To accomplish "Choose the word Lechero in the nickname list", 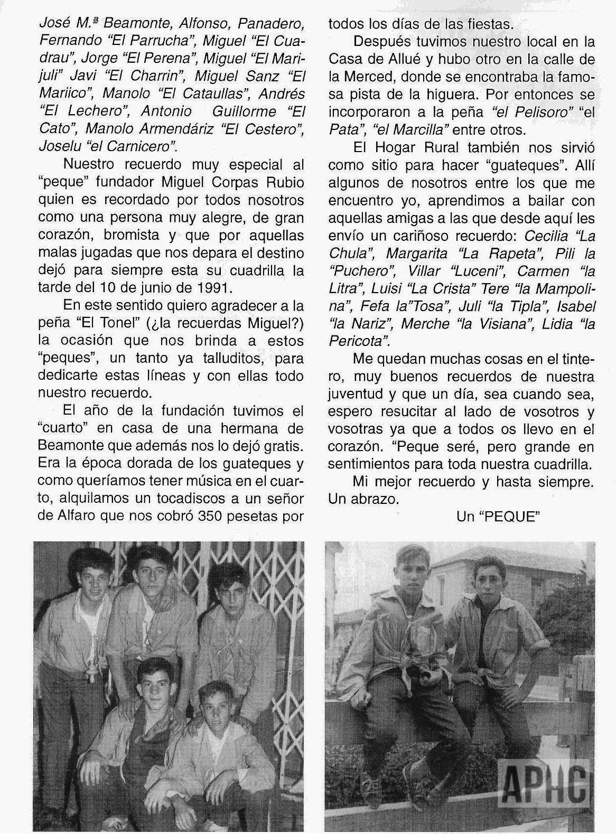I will point(89,111).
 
